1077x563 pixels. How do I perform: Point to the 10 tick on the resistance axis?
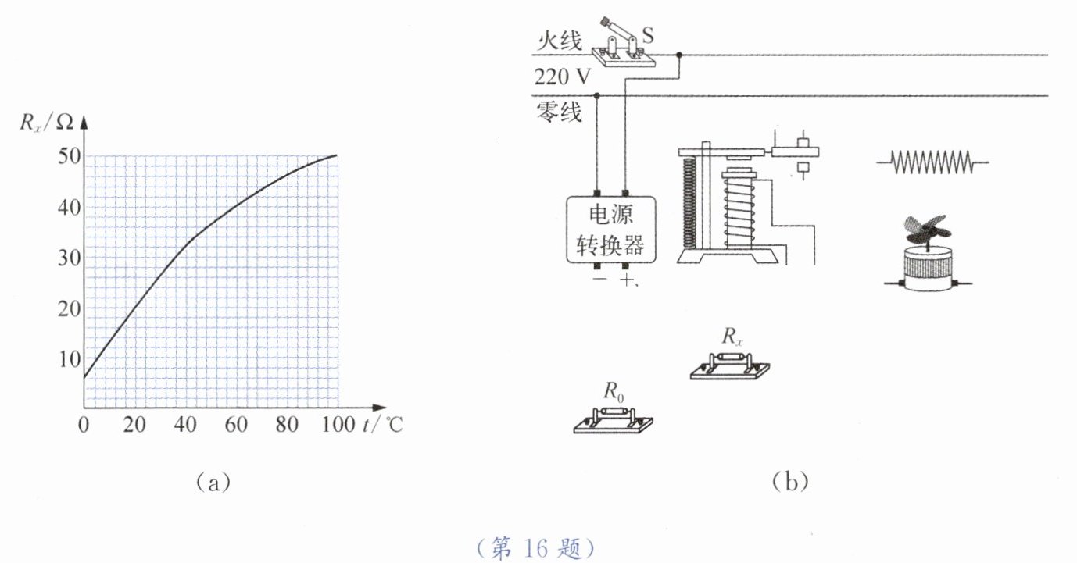pyautogui.click(x=70, y=358)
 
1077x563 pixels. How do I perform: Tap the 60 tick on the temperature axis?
pyautogui.click(x=236, y=426)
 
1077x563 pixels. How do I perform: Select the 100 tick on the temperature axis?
pyautogui.click(x=338, y=426)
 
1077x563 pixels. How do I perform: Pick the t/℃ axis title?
pyautogui.click(x=383, y=426)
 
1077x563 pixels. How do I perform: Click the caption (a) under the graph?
pyautogui.click(x=213, y=482)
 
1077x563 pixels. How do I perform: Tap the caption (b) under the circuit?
pyautogui.click(x=789, y=482)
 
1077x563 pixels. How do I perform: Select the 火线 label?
pyautogui.click(x=559, y=41)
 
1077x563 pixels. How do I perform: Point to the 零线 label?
pyautogui.click(x=559, y=112)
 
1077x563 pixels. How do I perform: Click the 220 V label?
pyautogui.click(x=563, y=77)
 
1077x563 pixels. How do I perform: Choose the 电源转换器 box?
pyautogui.click(x=610, y=230)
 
